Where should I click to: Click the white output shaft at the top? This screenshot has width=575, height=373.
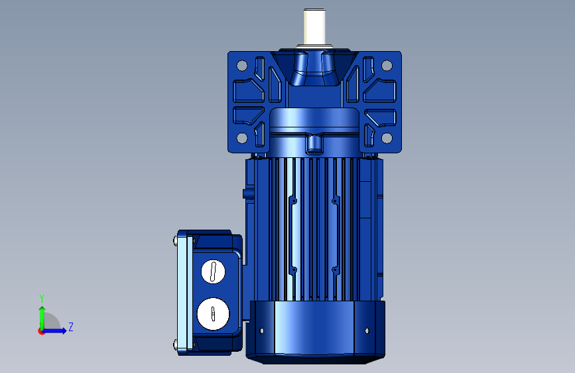pos(314,27)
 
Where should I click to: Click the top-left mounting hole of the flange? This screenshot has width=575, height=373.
pos(242,66)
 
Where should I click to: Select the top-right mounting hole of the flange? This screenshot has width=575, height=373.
pos(387,66)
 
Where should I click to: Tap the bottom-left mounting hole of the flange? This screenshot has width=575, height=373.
pos(242,138)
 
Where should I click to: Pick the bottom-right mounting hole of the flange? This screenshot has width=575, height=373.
pos(387,138)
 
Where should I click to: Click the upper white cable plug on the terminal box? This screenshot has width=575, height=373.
pos(213,271)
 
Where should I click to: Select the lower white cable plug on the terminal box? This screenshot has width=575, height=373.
pos(213,314)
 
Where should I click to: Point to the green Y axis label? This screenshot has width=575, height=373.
pos(42,298)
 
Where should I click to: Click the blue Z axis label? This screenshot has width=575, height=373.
pos(71,327)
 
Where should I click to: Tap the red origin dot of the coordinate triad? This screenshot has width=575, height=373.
pos(41,331)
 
